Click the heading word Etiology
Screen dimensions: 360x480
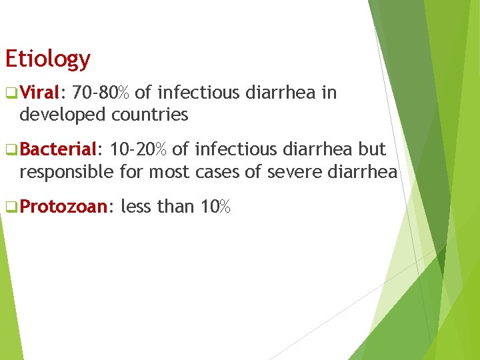[x=47, y=59]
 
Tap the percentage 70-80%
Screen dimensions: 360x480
[x=101, y=93]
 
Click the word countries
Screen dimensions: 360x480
[x=150, y=115]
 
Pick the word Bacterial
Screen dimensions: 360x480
[x=59, y=151]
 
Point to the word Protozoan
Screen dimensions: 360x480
[x=63, y=207]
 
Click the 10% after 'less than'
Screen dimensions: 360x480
[x=215, y=207]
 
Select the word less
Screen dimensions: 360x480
[x=136, y=207]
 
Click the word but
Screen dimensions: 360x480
[x=373, y=151]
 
